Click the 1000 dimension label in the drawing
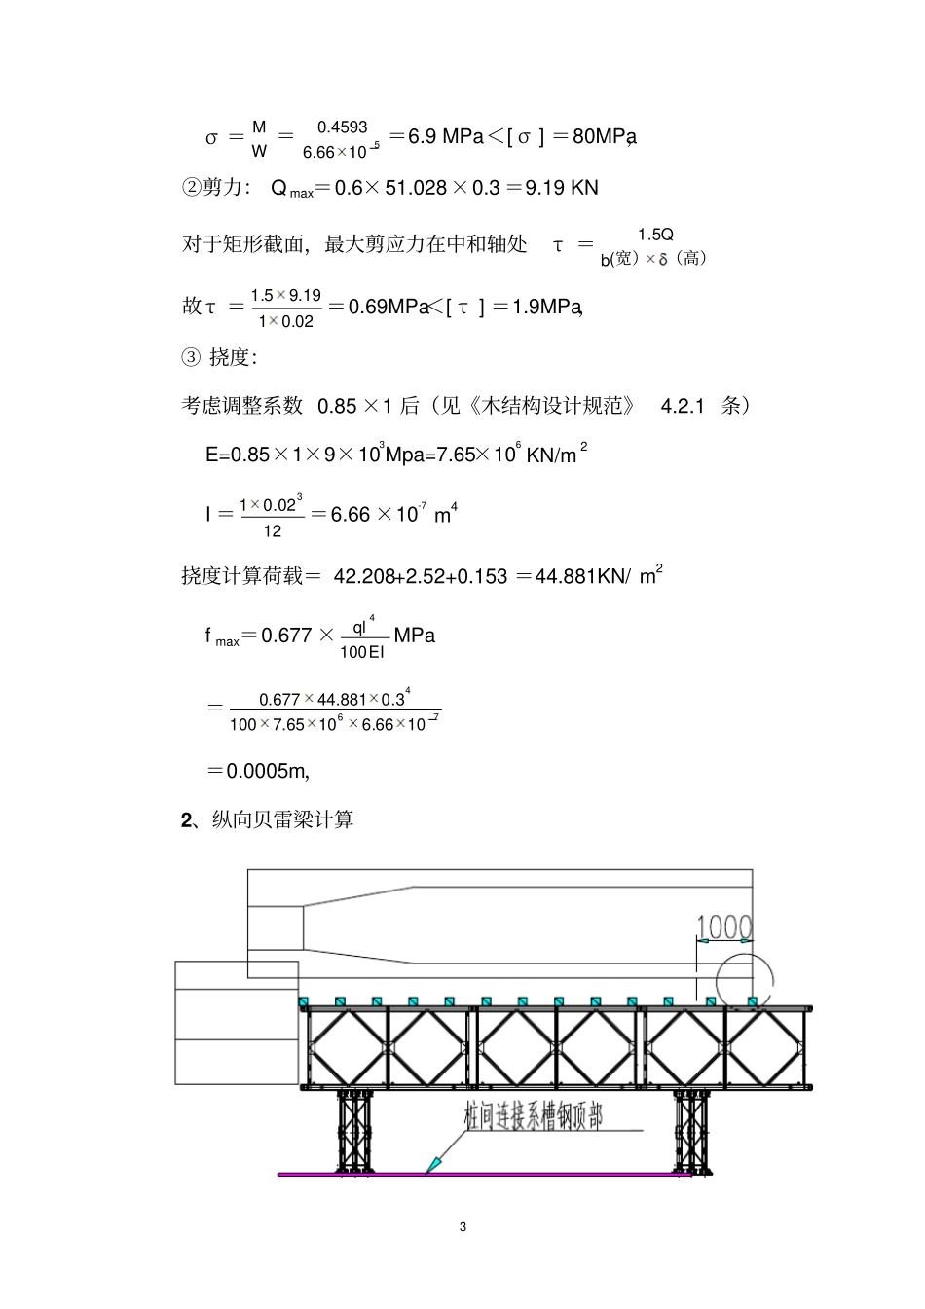pos(724,927)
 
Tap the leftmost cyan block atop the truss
pos(303,1001)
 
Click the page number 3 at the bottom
pos(462,1226)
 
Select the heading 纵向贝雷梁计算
pos(282,819)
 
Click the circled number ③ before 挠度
pos(191,357)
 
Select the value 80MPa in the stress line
pos(604,136)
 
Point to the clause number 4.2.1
pos(682,406)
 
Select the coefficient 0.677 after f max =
pos(286,636)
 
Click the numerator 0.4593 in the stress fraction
pos(342,127)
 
